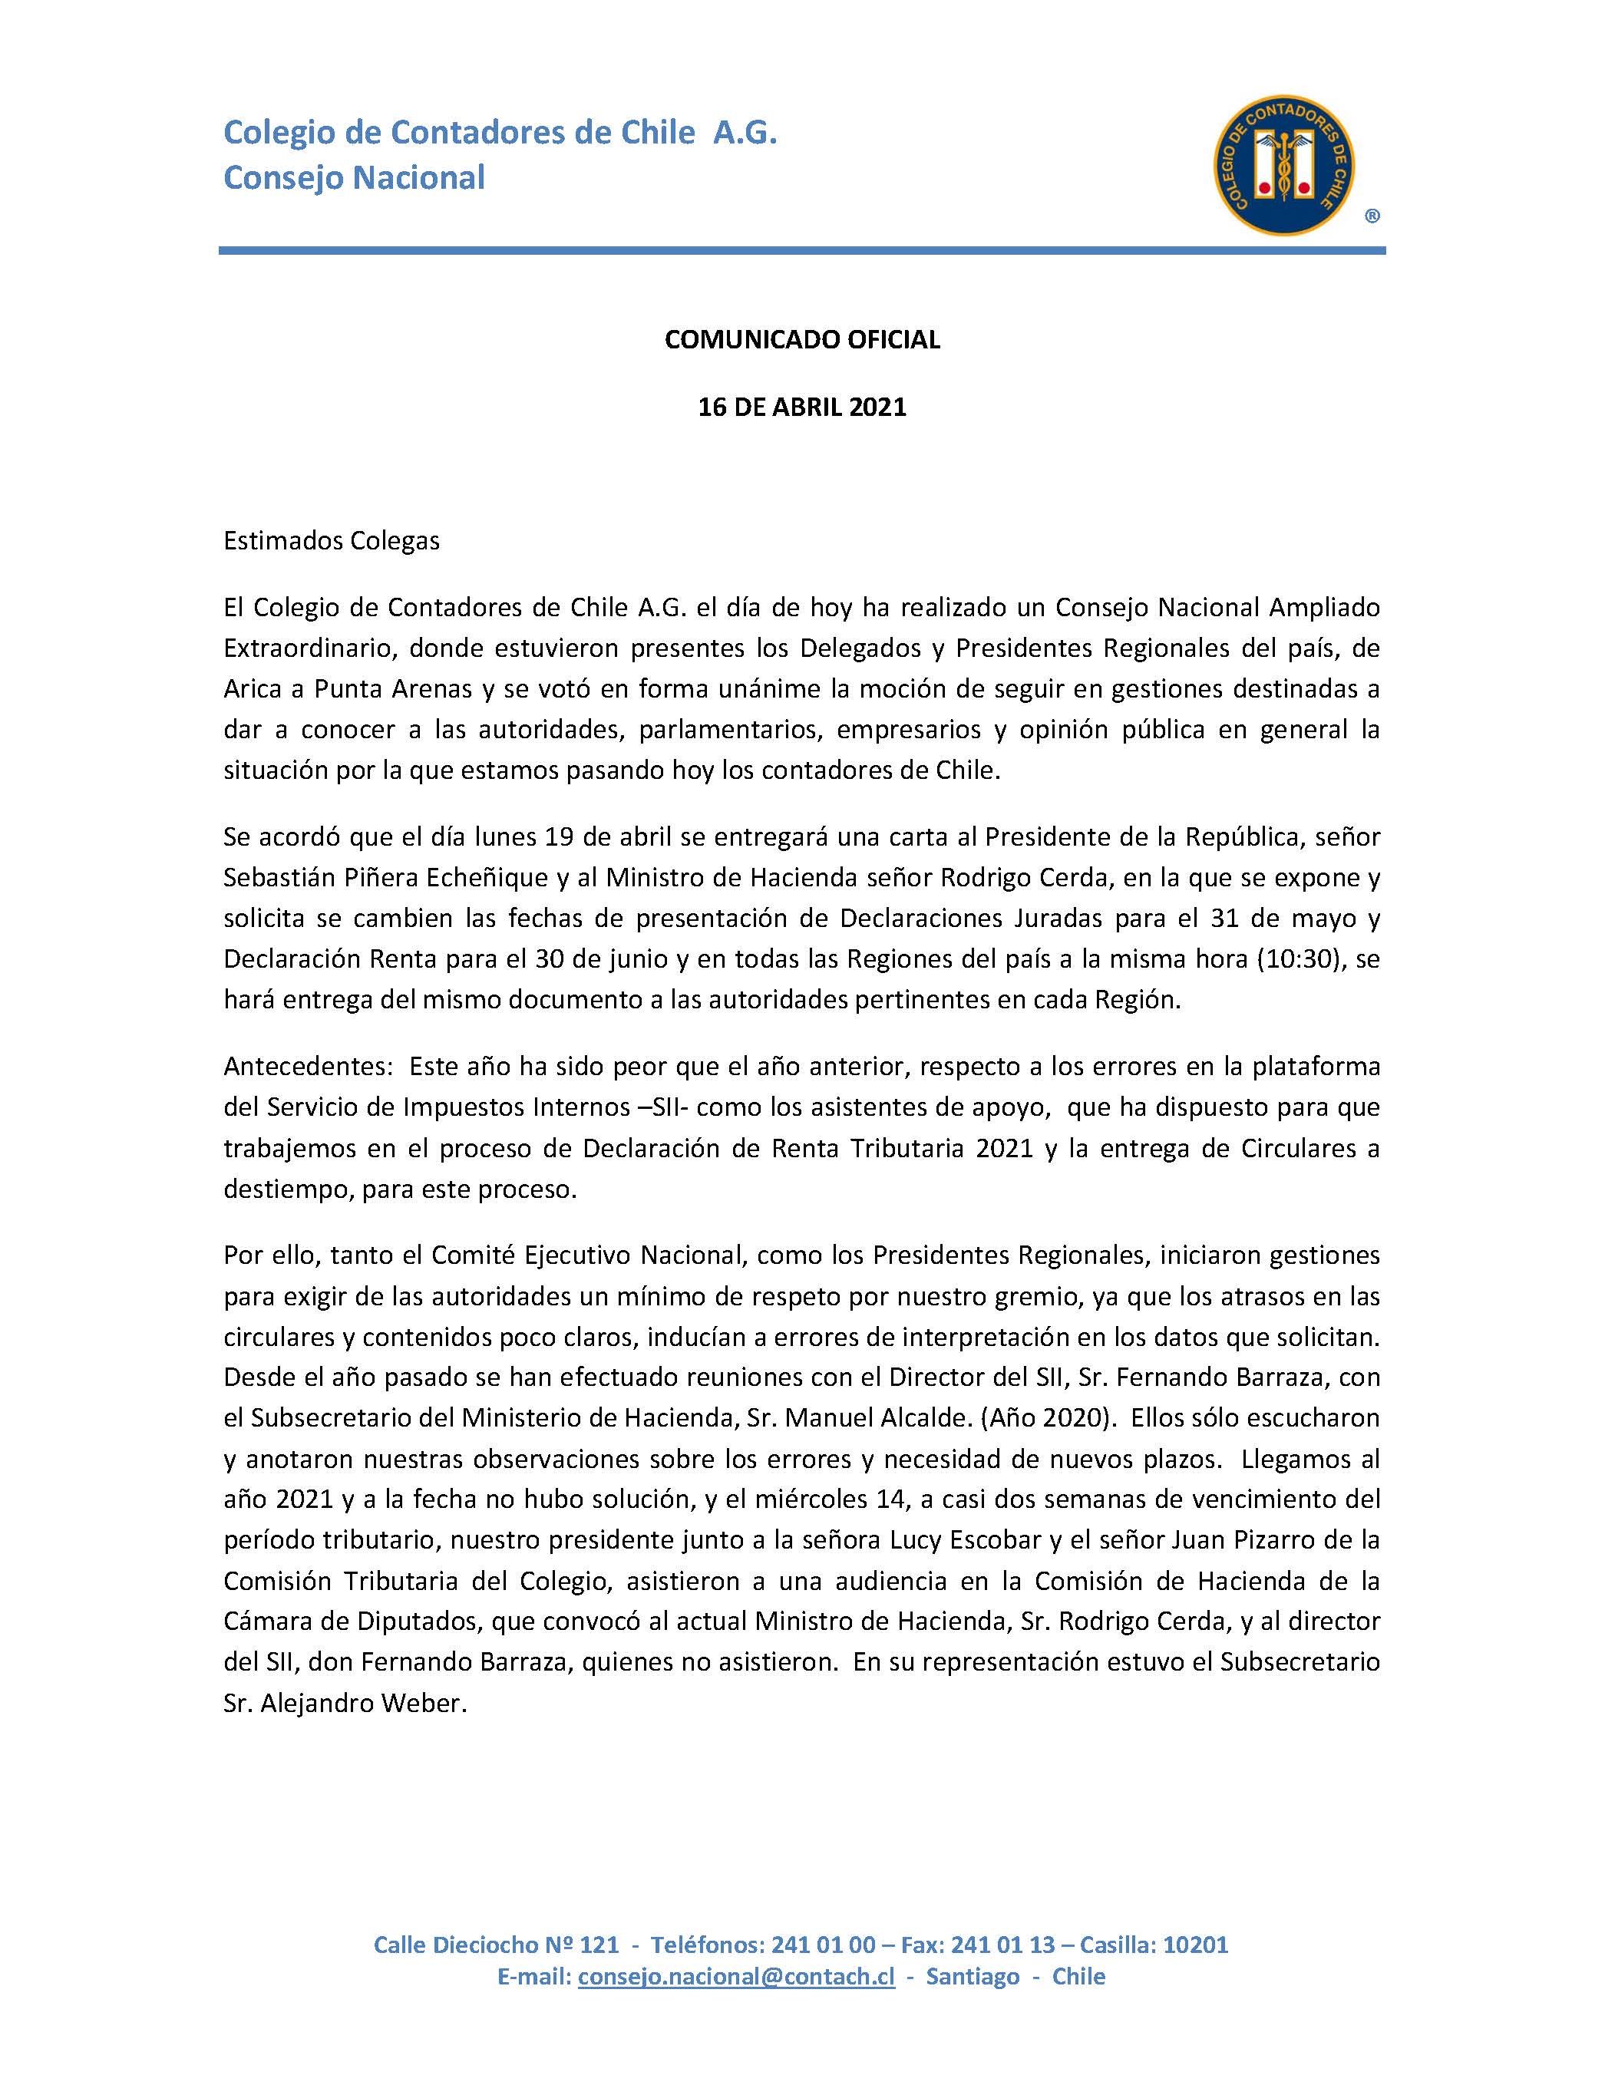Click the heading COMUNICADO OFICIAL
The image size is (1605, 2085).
(x=802, y=340)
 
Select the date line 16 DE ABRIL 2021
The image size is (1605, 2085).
(x=802, y=407)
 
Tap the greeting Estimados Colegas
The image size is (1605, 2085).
(x=332, y=541)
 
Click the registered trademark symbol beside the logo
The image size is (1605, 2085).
(x=1371, y=216)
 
